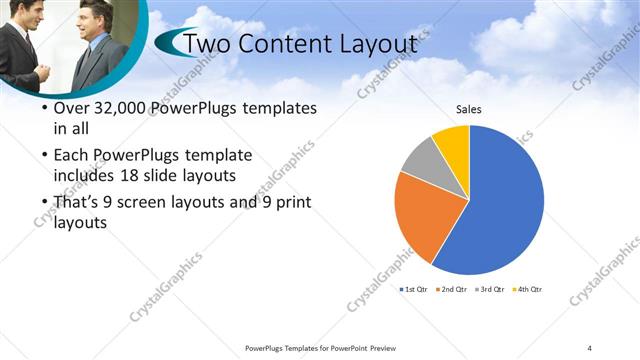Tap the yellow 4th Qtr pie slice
[x=453, y=140]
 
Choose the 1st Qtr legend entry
[x=414, y=289]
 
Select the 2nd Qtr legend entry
[x=452, y=289]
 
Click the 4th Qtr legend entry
[x=527, y=289]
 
